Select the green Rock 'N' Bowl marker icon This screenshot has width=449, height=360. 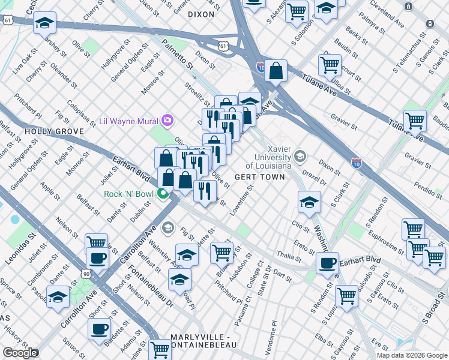click(x=162, y=193)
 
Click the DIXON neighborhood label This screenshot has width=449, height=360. click(x=201, y=13)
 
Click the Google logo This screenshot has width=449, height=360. click(x=20, y=353)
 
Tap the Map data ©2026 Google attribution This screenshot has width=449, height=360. click(x=412, y=355)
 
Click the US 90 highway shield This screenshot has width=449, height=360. click(x=88, y=274)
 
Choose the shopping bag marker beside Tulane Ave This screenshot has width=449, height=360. click(x=275, y=71)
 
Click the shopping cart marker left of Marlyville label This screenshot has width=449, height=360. click(x=160, y=349)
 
